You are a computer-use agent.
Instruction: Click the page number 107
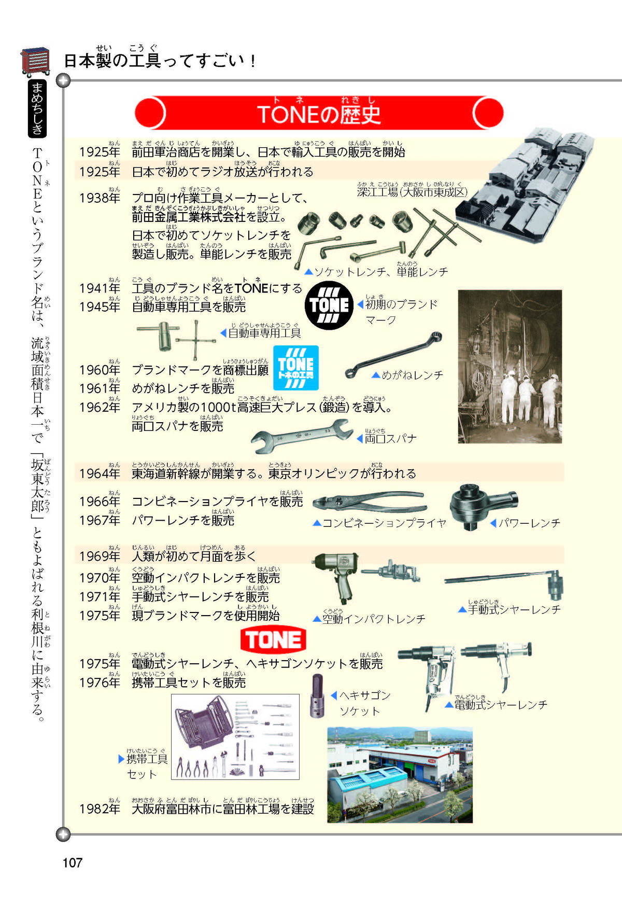tap(73, 862)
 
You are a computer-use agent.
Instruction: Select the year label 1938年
tap(100, 198)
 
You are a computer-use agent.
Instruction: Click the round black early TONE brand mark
tap(329, 305)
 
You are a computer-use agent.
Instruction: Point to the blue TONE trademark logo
tap(296, 368)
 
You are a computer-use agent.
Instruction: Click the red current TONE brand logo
tap(273, 640)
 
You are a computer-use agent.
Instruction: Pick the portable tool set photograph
tap(235, 736)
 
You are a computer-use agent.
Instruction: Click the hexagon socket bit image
tap(317, 696)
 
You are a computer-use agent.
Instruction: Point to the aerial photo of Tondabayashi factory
tap(400, 775)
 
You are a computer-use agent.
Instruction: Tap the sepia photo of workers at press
tap(510, 367)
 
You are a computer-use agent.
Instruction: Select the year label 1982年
tap(100, 809)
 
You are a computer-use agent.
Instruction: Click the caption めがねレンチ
tap(413, 375)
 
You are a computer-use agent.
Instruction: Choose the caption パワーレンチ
tap(529, 523)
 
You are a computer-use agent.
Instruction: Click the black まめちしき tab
tap(37, 108)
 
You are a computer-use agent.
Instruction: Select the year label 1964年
tap(100, 474)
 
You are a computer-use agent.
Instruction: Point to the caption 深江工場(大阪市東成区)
tap(412, 192)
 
